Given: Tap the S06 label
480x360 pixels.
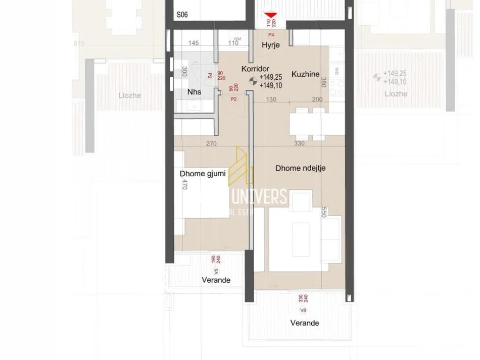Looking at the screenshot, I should pyautogui.click(x=182, y=16).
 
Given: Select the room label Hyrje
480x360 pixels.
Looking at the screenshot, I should pyautogui.click(x=270, y=45).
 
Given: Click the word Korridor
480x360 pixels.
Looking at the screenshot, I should pyautogui.click(x=255, y=69).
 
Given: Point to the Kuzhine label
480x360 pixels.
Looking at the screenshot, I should pyautogui.click(x=306, y=74).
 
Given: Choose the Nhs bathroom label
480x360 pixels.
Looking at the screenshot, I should pyautogui.click(x=194, y=92).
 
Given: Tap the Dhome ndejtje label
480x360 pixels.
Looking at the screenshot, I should pyautogui.click(x=300, y=169).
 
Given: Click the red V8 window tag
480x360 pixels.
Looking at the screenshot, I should pyautogui.click(x=303, y=310).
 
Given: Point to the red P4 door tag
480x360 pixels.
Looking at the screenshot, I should pyautogui.click(x=271, y=34).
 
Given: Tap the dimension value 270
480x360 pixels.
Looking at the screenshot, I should pyautogui.click(x=211, y=143).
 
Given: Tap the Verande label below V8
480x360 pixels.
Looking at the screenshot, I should pyautogui.click(x=304, y=323).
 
